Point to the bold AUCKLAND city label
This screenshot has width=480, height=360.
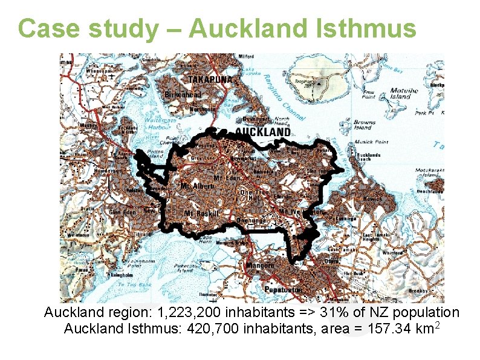click(x=262, y=132)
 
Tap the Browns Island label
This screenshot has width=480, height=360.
click(x=364, y=125)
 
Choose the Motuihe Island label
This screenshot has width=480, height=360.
click(x=401, y=94)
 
